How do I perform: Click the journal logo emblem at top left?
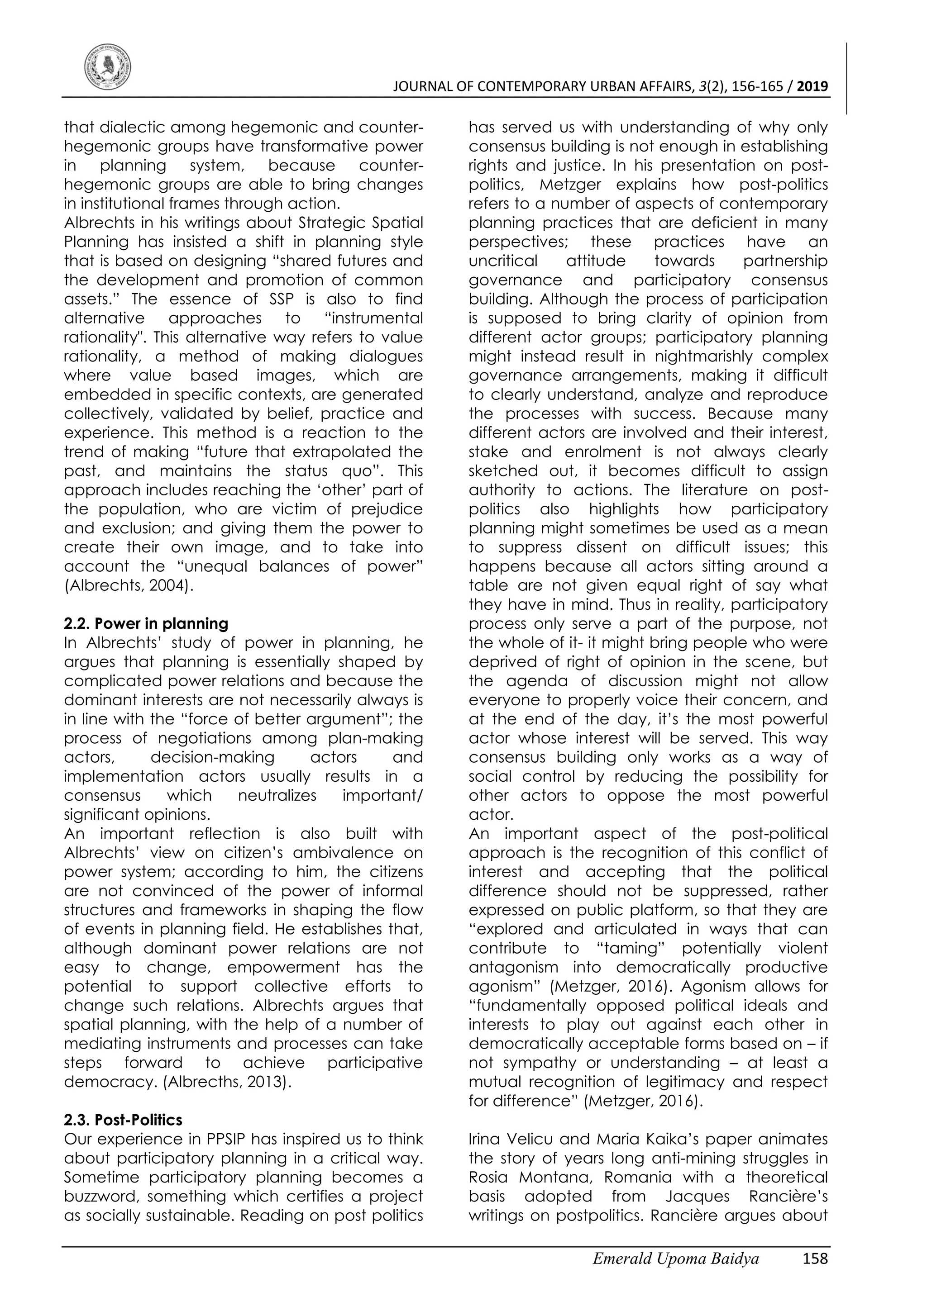pos(107,68)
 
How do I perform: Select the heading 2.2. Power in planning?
pos(146,623)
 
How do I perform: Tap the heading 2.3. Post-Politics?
pos(123,1120)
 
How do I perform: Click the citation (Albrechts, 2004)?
pos(129,586)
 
